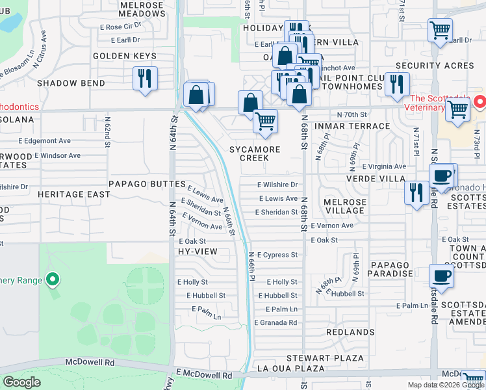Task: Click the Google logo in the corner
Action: pos(21,382)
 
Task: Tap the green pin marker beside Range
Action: pos(53,280)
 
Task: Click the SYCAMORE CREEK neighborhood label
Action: pos(254,153)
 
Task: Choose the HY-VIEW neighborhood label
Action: pos(197,251)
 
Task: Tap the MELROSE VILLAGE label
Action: pos(344,206)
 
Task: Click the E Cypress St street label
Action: pos(277,255)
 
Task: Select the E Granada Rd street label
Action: pos(276,322)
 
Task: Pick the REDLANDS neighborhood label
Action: pos(350,332)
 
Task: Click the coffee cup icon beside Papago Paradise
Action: pos(441,275)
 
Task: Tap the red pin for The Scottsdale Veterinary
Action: pos(479,102)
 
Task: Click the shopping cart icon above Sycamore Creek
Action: pos(265,121)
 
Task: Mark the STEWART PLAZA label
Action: pos(336,357)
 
